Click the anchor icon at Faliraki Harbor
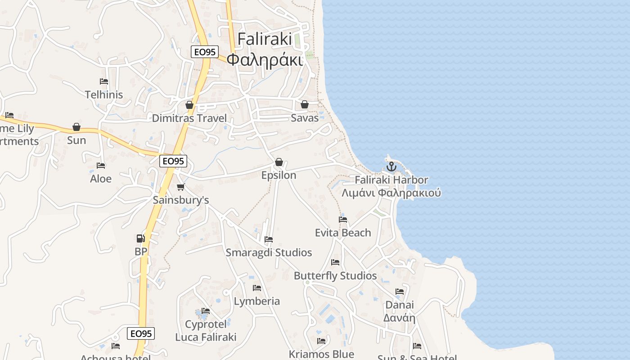(391, 166)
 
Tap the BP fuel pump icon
(140, 238)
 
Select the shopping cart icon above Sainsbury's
(181, 187)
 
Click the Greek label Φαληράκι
(264, 60)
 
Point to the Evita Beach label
(343, 233)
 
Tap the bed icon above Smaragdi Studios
(269, 239)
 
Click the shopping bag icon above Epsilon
(279, 162)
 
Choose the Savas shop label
(305, 118)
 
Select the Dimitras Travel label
(189, 118)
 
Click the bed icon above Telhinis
(104, 81)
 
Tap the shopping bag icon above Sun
(76, 127)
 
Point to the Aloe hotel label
(101, 179)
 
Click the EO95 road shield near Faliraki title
(205, 52)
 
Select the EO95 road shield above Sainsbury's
(173, 161)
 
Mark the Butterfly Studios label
(335, 276)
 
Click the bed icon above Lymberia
(257, 288)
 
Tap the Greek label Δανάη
(399, 318)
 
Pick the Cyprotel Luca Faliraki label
(206, 331)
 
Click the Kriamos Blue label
(321, 354)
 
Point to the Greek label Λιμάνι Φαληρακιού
(391, 193)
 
